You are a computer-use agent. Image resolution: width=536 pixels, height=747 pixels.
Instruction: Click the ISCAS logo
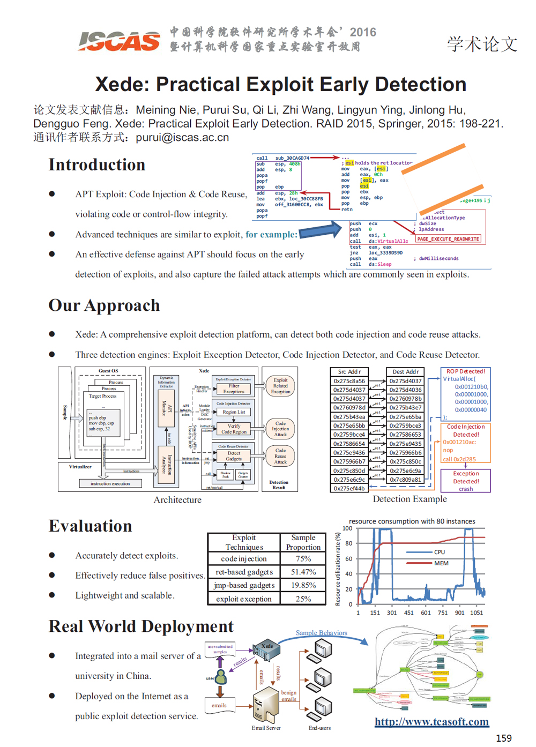click(x=119, y=41)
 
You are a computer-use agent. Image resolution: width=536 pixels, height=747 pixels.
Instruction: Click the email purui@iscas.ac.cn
click(x=182, y=138)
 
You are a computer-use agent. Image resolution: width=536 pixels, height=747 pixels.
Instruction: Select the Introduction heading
click(x=97, y=165)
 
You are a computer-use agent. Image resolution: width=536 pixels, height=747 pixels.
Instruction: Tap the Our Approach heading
click(x=104, y=305)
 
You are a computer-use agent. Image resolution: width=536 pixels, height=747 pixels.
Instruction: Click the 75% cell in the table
click(x=303, y=558)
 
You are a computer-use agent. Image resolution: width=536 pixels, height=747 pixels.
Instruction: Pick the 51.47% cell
click(x=303, y=572)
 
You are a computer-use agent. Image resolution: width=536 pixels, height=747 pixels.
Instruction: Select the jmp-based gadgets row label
click(x=244, y=585)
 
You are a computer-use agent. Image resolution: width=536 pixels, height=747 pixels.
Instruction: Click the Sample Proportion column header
click(x=303, y=542)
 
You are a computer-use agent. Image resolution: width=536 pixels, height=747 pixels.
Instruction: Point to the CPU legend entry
click(x=439, y=552)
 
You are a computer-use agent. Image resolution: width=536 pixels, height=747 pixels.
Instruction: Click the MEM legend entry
click(x=441, y=563)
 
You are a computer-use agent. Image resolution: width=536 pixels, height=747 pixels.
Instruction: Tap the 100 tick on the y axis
click(x=347, y=528)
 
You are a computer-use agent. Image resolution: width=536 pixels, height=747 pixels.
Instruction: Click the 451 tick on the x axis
click(x=408, y=612)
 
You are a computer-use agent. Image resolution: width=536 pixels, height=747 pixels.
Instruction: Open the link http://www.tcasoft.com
click(x=431, y=722)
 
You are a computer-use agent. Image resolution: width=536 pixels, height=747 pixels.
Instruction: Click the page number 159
click(x=503, y=738)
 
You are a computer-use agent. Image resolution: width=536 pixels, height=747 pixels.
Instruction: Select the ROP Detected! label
click(x=466, y=371)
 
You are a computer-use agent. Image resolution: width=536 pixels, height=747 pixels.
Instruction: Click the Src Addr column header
click(x=349, y=371)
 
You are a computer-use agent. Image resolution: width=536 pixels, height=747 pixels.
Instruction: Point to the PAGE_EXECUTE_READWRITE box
click(x=448, y=239)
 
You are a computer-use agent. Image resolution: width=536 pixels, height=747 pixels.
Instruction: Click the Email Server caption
click(x=266, y=728)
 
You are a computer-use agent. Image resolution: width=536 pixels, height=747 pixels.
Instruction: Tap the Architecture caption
click(x=177, y=499)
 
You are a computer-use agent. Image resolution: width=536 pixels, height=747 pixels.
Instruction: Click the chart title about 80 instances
click(x=412, y=521)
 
